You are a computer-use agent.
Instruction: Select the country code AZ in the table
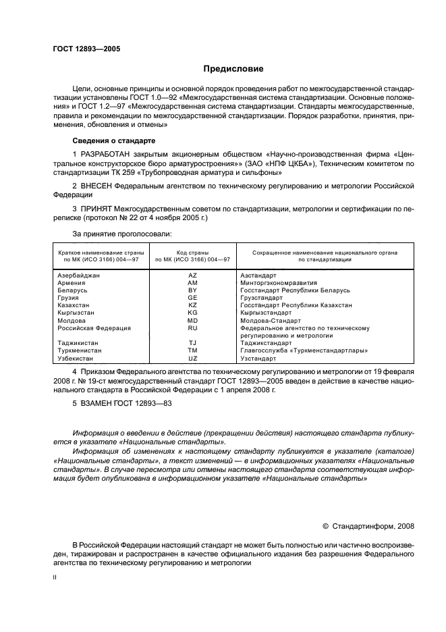click(192, 275)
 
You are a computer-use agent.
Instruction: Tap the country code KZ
click(192, 305)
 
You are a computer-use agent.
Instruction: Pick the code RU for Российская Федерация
click(192, 327)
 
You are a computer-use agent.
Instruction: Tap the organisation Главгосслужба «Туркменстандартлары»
click(304, 350)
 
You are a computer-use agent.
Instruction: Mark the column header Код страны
click(192, 252)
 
